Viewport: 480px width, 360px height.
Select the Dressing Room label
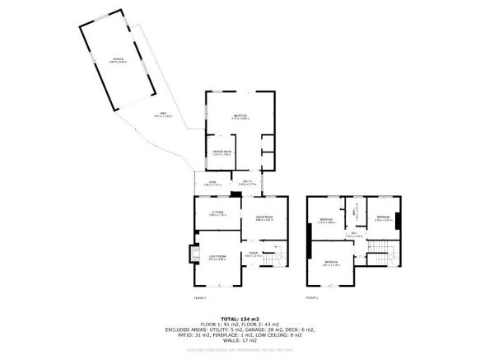tap(221, 152)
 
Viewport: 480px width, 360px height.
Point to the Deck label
tap(212, 183)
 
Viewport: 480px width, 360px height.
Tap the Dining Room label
tap(263, 218)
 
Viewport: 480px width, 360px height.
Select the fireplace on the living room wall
tap(195, 255)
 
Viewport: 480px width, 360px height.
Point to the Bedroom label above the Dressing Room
tap(240, 116)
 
